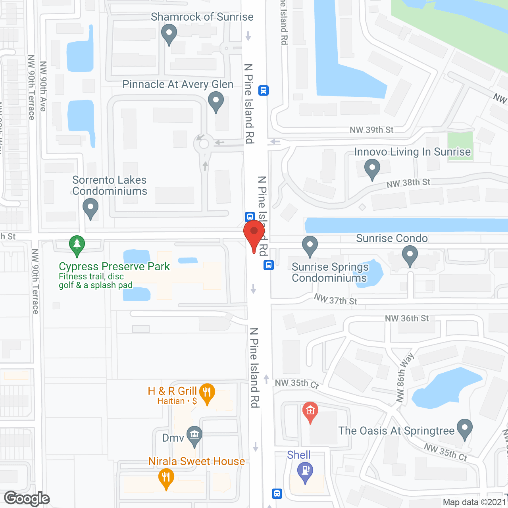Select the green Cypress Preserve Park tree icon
(77, 245)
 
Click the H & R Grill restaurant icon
(207, 393)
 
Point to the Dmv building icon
(194, 435)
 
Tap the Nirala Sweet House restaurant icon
(166, 478)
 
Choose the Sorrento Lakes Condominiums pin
(90, 208)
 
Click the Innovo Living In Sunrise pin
(372, 168)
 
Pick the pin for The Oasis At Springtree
(465, 429)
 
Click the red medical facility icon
(310, 412)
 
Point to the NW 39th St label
(371, 130)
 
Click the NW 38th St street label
(408, 183)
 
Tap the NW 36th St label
(407, 318)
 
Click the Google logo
(27, 498)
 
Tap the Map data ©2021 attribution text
(474, 502)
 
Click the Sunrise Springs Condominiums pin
(310, 246)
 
